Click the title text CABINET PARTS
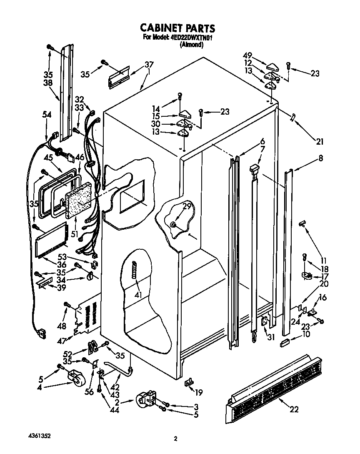point(177,28)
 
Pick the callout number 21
point(319,141)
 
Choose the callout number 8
point(321,158)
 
